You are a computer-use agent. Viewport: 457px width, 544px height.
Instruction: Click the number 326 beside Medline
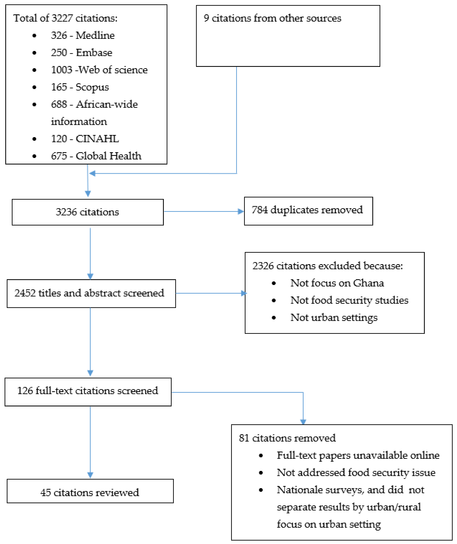tap(59, 35)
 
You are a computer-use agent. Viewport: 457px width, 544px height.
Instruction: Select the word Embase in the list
tap(94, 53)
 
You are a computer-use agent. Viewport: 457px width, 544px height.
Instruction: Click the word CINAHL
tap(97, 139)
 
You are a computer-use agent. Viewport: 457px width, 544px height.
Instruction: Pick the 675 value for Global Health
tap(59, 156)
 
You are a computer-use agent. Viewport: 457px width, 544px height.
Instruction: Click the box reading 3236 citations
tap(88, 212)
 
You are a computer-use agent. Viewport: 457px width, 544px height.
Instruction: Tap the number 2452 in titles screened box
tap(25, 293)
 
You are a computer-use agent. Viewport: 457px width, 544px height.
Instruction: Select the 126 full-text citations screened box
tap(88, 392)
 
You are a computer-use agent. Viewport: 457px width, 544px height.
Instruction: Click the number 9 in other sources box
tap(206, 18)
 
